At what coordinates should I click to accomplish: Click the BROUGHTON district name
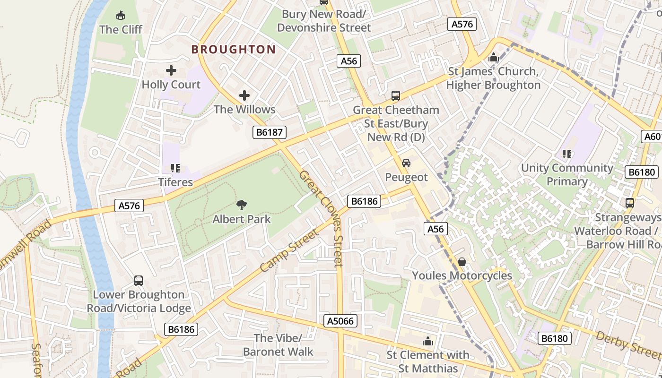point(234,50)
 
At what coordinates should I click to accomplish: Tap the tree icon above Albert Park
point(242,205)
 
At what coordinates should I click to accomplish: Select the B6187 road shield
point(270,132)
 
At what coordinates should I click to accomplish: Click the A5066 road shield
point(340,321)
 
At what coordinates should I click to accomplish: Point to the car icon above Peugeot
point(406,163)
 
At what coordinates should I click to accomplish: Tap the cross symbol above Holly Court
point(171,71)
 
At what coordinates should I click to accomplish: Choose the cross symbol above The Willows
point(244,96)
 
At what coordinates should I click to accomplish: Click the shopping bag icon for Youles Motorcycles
point(462,262)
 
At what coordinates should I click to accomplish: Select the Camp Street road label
point(290,250)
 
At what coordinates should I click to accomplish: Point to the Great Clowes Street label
point(322,218)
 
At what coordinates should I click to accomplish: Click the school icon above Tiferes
point(175,168)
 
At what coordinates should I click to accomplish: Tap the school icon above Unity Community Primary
point(567,154)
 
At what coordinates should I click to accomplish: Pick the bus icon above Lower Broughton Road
point(139,281)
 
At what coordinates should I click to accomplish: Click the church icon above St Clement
point(428,341)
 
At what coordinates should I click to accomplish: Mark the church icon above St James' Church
point(493,58)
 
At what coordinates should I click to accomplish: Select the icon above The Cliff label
point(121,16)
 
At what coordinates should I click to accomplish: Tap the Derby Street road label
point(628,344)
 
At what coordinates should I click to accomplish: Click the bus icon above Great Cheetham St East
point(396,96)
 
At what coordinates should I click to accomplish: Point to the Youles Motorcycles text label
point(462,275)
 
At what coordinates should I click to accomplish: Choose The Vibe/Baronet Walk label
point(278,345)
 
